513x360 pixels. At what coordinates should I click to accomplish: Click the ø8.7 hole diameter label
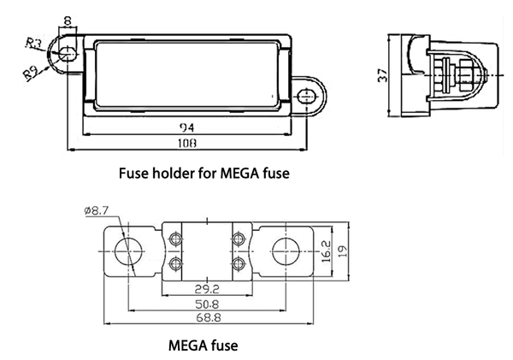coord(96,210)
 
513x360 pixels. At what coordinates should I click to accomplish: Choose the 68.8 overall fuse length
coord(209,318)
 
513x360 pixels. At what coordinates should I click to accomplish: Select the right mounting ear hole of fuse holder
coord(304,95)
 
